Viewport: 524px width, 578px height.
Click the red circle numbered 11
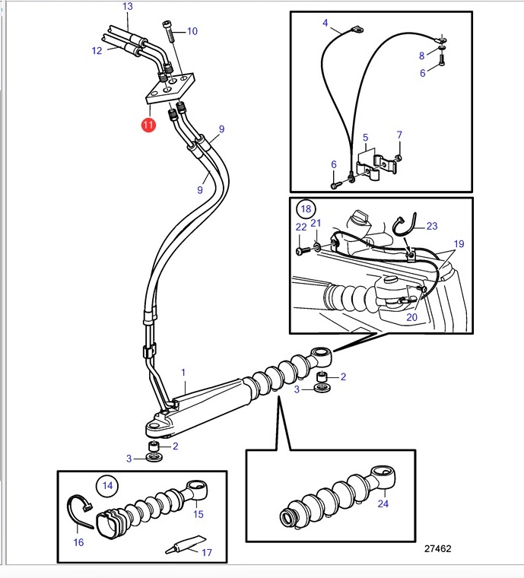click(x=148, y=125)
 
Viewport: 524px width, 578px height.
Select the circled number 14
click(x=107, y=485)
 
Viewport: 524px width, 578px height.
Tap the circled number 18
click(x=306, y=209)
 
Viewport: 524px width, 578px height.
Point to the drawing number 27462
click(x=437, y=549)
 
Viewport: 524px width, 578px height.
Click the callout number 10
click(x=192, y=31)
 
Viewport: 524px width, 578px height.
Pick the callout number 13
click(x=128, y=6)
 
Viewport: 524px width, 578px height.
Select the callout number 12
click(x=97, y=50)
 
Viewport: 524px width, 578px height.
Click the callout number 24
click(x=383, y=503)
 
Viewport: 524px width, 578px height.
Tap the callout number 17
click(x=207, y=553)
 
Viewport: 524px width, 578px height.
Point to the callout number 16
click(x=78, y=542)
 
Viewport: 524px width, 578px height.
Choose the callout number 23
click(x=432, y=226)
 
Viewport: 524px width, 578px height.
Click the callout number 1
click(x=183, y=373)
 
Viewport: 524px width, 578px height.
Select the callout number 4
click(x=325, y=23)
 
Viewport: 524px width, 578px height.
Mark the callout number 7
click(x=399, y=135)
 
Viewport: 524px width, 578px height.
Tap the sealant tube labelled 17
click(x=186, y=545)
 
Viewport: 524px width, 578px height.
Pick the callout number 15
click(x=198, y=514)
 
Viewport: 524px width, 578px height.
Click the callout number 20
click(x=411, y=317)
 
